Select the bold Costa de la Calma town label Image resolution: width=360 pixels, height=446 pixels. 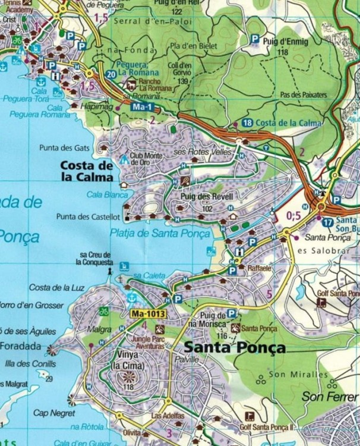[x=87, y=171]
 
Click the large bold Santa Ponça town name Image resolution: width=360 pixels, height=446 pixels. [x=235, y=348]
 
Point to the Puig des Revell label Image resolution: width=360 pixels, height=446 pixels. [x=204, y=197]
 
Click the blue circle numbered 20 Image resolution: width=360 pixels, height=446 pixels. [x=111, y=74]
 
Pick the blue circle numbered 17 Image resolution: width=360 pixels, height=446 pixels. [x=328, y=222]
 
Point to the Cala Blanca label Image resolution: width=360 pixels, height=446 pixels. [x=103, y=194]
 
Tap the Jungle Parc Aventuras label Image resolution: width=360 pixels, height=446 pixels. [x=146, y=342]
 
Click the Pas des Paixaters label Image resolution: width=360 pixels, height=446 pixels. [x=302, y=95]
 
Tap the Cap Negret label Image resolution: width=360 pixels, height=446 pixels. [x=54, y=413]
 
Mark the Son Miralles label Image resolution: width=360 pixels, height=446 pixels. [x=298, y=375]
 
